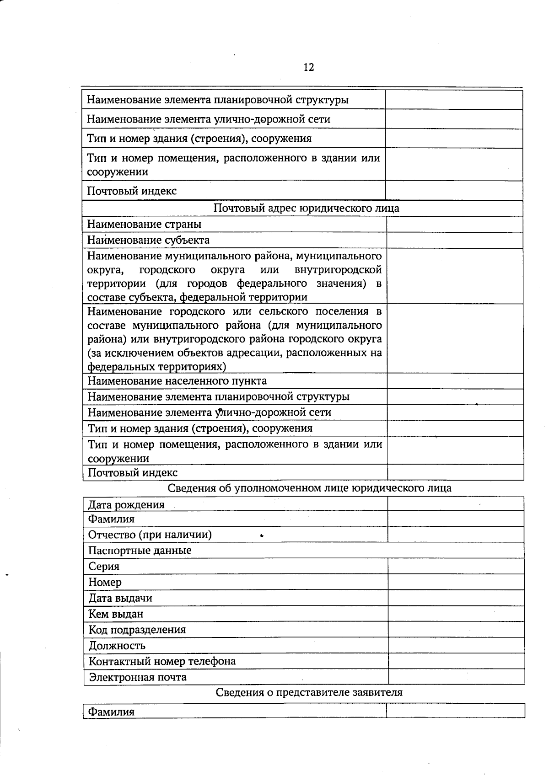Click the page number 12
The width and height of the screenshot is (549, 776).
tap(308, 68)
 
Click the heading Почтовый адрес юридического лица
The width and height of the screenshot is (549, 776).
tap(306, 209)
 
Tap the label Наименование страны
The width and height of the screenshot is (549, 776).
tap(144, 225)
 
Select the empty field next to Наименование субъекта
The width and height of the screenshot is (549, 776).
tap(455, 241)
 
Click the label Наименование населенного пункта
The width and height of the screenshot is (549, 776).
tap(177, 381)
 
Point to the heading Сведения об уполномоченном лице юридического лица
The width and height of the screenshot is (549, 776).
tap(309, 488)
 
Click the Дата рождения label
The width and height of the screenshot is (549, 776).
tap(126, 505)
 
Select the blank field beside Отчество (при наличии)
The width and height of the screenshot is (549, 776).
tap(456, 535)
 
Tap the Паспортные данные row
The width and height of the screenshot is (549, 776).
tap(140, 551)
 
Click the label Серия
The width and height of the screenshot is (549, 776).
tap(104, 567)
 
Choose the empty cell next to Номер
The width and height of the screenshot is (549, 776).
tap(456, 582)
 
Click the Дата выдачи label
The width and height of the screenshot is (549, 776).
tap(120, 598)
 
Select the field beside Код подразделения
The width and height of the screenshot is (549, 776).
tap(456, 630)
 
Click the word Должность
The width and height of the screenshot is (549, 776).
tap(117, 646)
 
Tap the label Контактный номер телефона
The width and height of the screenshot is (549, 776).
tap(162, 661)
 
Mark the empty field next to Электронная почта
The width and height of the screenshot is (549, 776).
tap(456, 677)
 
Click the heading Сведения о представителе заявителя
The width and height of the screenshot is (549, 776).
tap(309, 692)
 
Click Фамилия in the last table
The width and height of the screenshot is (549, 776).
tap(111, 712)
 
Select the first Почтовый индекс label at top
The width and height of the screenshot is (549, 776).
tap(132, 191)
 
